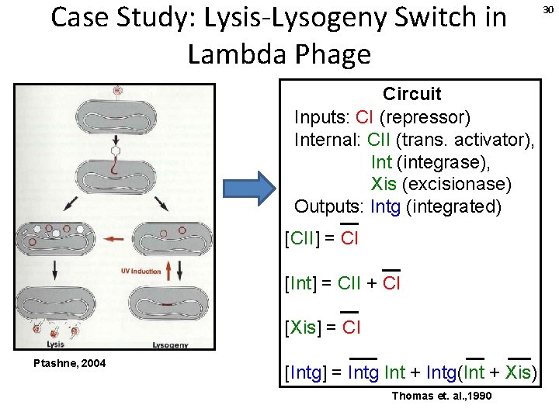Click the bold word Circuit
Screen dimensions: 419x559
(x=411, y=94)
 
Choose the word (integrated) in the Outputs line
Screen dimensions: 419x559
(x=453, y=207)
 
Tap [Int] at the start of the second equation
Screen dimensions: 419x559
(x=301, y=283)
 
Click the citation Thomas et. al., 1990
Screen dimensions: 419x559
(x=441, y=396)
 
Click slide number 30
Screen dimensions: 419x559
(x=548, y=9)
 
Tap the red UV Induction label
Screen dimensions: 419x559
(x=141, y=271)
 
